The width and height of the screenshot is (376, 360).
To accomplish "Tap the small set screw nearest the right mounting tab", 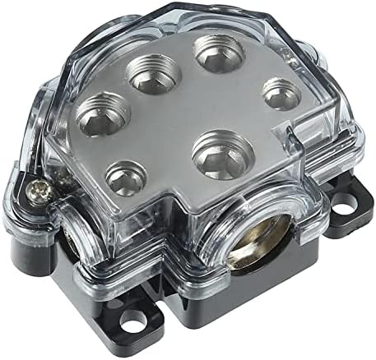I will point(281,95).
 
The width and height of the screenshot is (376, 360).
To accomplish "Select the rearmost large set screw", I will point(218,53).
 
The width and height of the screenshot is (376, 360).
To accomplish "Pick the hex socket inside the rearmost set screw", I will point(218,54).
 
